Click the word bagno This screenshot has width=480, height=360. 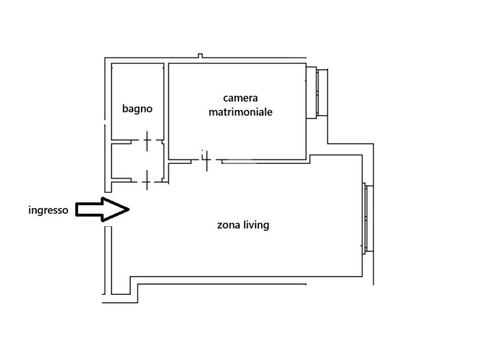point(137,109)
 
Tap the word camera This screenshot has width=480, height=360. point(240,98)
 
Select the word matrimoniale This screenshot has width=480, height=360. point(240,112)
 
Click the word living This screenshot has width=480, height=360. point(257,225)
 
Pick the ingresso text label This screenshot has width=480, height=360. point(48,210)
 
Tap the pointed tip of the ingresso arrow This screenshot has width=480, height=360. point(128,209)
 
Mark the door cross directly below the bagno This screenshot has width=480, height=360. point(147,141)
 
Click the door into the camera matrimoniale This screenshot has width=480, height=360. point(206,160)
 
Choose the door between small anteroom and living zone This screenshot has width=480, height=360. point(147,180)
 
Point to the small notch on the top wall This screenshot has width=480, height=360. point(200,56)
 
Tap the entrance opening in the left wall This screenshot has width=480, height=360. point(108,209)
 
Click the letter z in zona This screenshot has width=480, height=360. point(219,225)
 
